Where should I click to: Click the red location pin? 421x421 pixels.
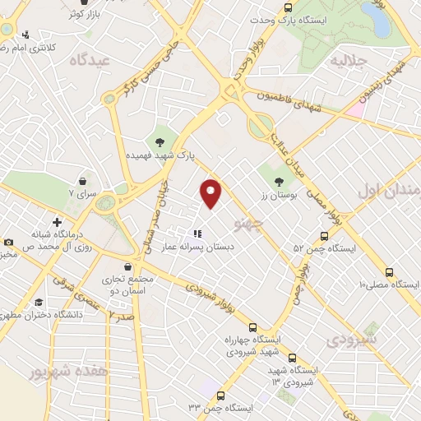[211, 192]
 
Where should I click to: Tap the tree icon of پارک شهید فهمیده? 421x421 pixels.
[159, 142]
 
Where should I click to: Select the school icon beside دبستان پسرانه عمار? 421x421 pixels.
[197, 233]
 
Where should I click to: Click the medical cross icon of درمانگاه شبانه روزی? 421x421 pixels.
[57, 222]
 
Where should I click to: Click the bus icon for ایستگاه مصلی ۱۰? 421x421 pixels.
[389, 272]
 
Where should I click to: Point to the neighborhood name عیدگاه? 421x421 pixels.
[90, 59]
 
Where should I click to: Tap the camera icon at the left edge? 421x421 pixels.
[8, 243]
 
